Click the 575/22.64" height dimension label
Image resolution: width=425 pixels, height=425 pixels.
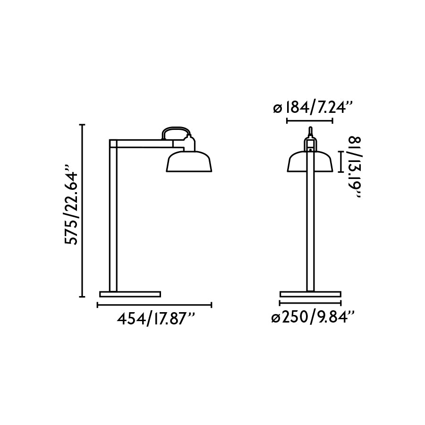[x=72, y=205]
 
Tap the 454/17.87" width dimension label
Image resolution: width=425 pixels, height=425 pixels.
[x=155, y=319]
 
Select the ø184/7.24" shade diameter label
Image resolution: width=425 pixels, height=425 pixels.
[x=313, y=108]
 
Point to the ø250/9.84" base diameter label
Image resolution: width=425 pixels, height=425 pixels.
[x=313, y=318]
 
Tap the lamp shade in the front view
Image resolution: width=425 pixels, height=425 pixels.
[x=310, y=162]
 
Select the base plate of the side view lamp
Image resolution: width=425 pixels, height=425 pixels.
[x=130, y=294]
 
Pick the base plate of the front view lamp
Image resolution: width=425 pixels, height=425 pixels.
[x=310, y=294]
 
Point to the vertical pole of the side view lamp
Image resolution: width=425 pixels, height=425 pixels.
[x=113, y=222]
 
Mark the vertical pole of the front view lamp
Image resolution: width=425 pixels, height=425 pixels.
[x=310, y=227]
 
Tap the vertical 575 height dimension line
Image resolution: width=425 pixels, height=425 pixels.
[x=83, y=211]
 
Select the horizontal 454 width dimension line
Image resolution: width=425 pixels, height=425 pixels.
[x=154, y=305]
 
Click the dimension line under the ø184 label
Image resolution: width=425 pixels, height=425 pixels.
[x=310, y=120]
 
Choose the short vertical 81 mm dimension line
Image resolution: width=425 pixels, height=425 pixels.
[x=340, y=161]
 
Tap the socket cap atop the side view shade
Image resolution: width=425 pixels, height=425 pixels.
[x=189, y=143]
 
